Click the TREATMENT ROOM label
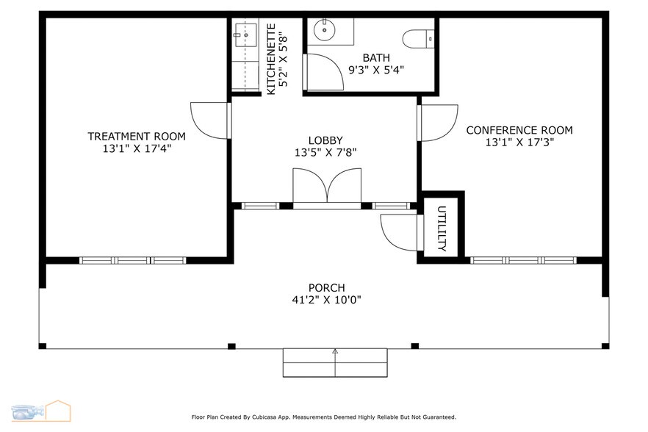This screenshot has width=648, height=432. [137, 136]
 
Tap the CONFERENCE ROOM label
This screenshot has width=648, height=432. [519, 130]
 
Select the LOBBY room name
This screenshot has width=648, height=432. [325, 140]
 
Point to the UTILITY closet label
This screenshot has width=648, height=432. [442, 228]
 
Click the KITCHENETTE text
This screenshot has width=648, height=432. [271, 59]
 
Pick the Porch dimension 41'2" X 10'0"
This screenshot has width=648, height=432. [326, 300]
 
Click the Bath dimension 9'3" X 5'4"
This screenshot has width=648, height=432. [376, 70]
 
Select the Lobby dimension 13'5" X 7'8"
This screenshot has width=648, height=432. [325, 153]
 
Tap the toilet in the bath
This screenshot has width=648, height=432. [418, 39]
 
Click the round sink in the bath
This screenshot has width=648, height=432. [325, 29]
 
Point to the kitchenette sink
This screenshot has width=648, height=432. [245, 35]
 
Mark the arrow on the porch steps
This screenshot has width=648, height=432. [335, 362]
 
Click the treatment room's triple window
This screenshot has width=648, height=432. [133, 260]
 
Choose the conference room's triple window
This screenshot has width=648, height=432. [523, 260]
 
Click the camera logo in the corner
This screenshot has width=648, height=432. [28, 412]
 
